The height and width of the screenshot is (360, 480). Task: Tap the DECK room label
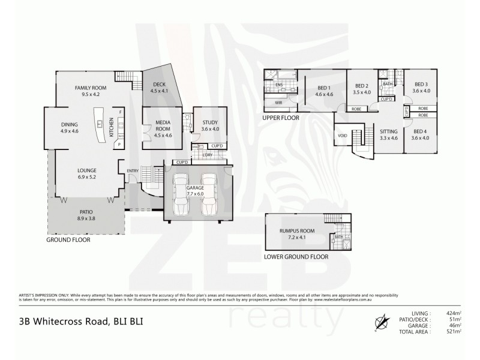click(159, 85)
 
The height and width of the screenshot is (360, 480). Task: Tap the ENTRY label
click(133, 172)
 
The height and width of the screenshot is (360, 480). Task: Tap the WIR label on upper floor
click(278, 103)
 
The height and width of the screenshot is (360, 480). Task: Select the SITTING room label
click(389, 131)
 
